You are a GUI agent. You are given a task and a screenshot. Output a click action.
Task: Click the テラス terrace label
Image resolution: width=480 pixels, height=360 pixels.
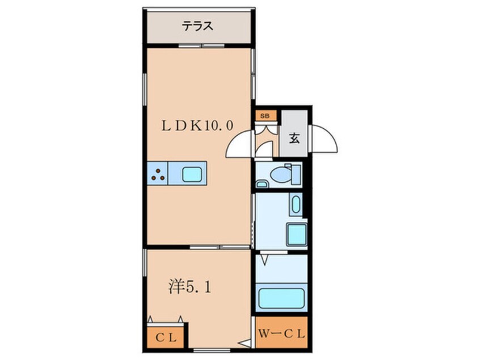coord(197,26)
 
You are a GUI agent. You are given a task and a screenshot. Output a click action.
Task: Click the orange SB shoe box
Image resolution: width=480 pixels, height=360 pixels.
coord(264,116)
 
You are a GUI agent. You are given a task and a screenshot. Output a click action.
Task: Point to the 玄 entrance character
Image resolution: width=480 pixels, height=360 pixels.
coord(294,137)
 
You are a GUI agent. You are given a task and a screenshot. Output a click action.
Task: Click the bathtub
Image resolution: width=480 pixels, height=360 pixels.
coord(281,298)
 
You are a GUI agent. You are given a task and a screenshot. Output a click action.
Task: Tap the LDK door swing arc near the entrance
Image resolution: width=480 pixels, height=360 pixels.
coord(239,144)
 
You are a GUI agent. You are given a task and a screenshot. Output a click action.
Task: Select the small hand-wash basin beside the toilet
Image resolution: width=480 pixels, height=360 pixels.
coord(262,183)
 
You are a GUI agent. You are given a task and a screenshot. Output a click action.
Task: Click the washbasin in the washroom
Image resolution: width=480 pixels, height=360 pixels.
coord(296,205)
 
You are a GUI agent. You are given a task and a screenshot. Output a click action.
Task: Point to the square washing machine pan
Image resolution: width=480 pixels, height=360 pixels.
coord(296,235)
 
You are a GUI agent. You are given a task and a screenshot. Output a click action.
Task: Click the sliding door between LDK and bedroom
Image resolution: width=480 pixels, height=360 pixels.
coord(220,248)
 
